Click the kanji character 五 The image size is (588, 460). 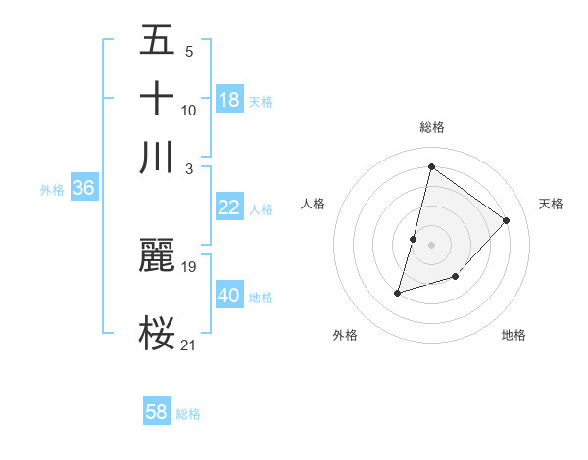click(157, 41)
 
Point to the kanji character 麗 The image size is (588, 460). click(157, 255)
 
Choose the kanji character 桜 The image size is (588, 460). click(157, 333)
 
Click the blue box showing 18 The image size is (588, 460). click(229, 99)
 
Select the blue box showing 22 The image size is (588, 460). click(229, 207)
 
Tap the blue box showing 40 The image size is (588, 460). click(229, 295)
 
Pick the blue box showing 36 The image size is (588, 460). click(83, 188)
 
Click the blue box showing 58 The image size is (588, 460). click(157, 412)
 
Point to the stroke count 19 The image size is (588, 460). click(189, 266)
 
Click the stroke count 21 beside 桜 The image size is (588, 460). click(189, 344)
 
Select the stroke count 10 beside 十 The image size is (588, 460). click(189, 110)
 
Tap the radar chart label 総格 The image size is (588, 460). click(432, 127)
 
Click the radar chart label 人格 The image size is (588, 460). click(314, 204)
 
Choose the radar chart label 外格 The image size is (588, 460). click(345, 336)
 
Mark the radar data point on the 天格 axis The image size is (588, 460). click(507, 220)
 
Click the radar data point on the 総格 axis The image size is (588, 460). click(431, 166)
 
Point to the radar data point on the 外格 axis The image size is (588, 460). click(398, 293)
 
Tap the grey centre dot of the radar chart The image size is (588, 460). click(431, 244)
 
